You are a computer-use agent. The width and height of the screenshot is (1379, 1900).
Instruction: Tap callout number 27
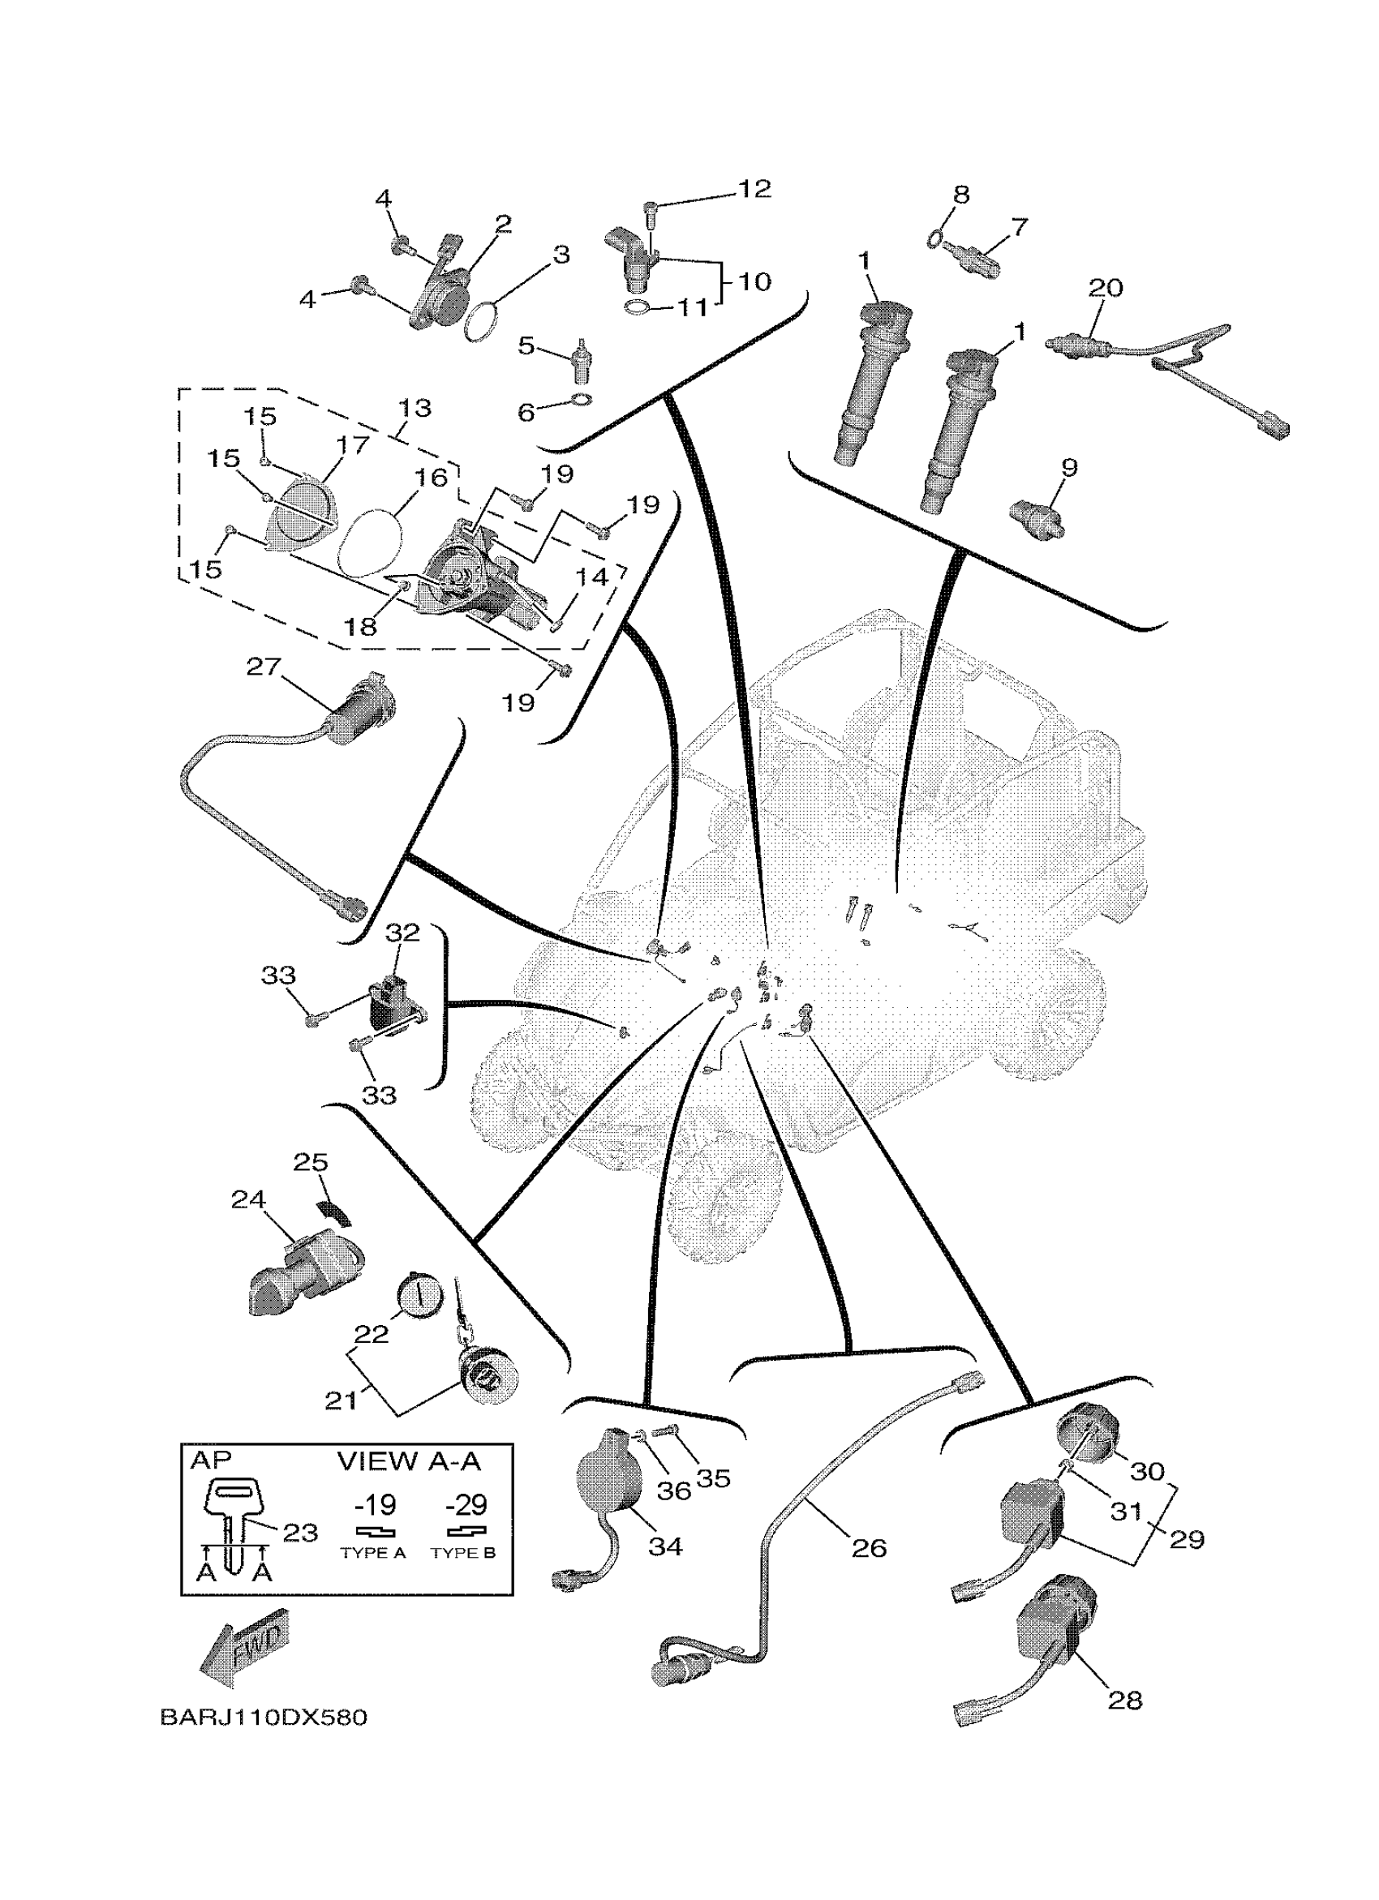pos(263,667)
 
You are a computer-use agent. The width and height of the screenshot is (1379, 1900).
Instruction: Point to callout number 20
pos(1105,288)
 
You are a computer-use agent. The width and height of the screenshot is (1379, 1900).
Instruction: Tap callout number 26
pos(869,1547)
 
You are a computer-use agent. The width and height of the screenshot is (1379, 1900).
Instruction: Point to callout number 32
pos(402,932)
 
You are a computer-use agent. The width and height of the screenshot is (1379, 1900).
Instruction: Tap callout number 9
pos(1069,467)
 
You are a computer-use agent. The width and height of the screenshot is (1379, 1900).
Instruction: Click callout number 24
pos(249,1199)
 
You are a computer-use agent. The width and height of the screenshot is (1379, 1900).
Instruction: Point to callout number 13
pos(414,408)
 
